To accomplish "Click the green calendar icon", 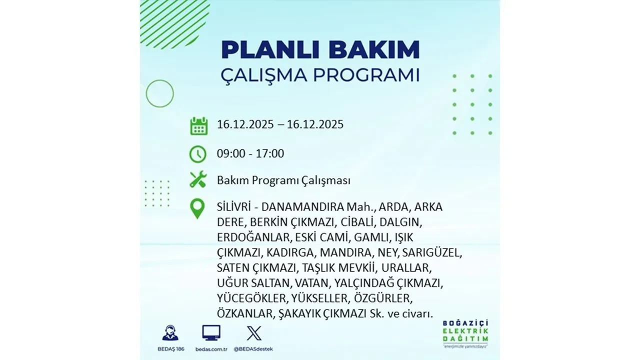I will tap(198, 125).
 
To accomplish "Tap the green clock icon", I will tap(198, 153).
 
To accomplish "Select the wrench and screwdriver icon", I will tap(198, 179).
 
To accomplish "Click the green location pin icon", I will tap(198, 208).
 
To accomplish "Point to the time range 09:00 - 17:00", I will tap(250, 153).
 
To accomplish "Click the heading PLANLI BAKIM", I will tap(320, 50).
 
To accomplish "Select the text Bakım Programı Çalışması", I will tap(283, 180).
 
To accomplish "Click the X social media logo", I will tap(254, 333).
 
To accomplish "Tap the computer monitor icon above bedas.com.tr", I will tap(211, 333).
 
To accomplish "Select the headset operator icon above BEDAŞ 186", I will tap(170, 333).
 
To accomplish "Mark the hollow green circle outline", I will tap(159, 93).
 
